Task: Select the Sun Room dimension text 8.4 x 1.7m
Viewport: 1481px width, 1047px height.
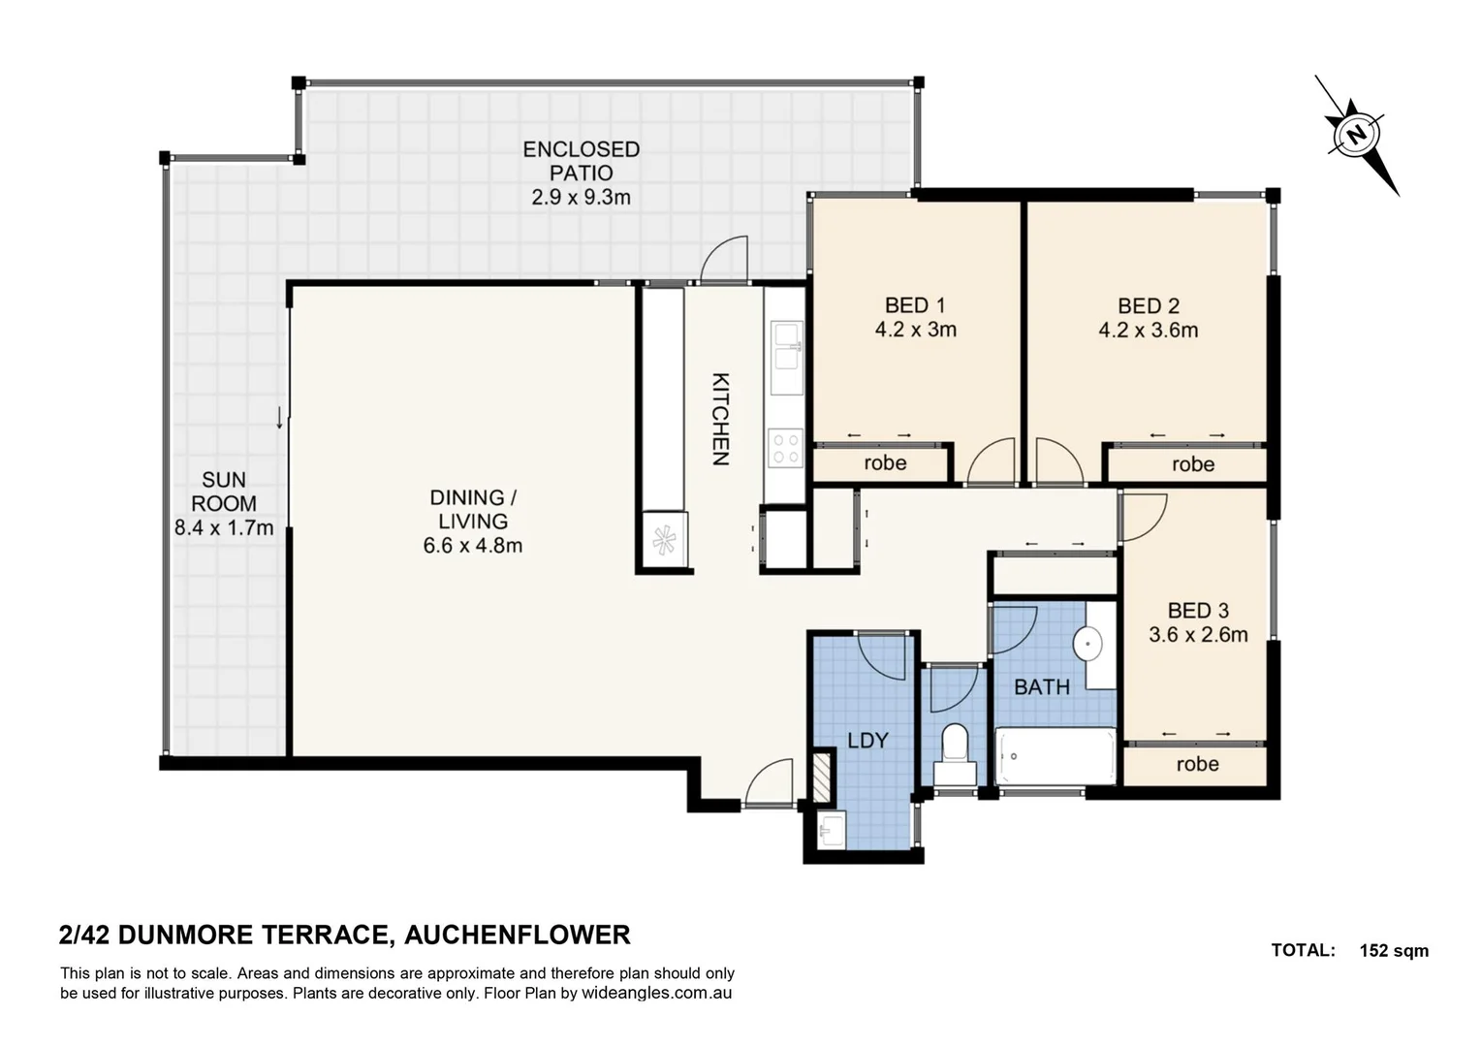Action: point(224,528)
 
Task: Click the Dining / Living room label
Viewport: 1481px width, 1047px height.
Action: point(472,509)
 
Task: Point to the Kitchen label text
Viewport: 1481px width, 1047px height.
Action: point(720,419)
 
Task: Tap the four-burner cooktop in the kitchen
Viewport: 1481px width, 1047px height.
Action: point(785,448)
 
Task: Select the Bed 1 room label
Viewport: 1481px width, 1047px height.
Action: point(914,305)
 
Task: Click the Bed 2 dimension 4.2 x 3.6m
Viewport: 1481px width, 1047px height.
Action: point(1148,331)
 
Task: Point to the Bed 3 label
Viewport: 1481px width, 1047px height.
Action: point(1198,611)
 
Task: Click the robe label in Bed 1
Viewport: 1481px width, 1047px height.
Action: point(885,463)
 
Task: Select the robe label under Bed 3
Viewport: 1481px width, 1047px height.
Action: point(1197,764)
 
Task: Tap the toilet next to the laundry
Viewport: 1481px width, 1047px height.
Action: point(955,752)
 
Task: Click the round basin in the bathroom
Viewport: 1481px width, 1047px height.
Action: point(1088,642)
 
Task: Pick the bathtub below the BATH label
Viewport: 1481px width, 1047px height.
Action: point(1056,756)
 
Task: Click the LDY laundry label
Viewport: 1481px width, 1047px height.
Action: point(867,741)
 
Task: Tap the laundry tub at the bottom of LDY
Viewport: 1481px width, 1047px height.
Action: point(832,831)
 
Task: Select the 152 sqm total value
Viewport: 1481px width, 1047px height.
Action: point(1393,951)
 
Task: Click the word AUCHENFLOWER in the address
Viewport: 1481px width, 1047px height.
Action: point(517,935)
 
